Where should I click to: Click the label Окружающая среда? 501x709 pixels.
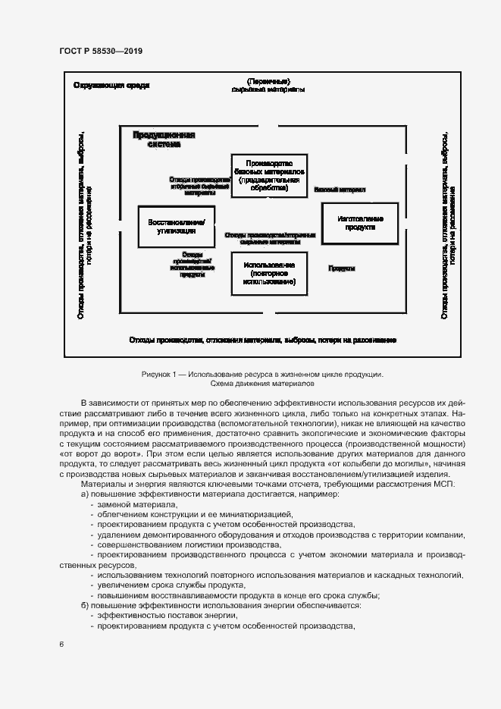tap(111, 85)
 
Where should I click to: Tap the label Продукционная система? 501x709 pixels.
tap(164, 139)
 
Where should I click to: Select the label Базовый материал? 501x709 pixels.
tap(340, 189)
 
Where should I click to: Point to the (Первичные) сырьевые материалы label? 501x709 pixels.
tap(268, 85)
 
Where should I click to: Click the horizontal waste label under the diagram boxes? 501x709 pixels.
tap(262, 339)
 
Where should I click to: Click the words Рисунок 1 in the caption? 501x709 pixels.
tap(159, 375)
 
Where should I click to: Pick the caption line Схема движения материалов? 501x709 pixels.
tap(262, 384)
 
